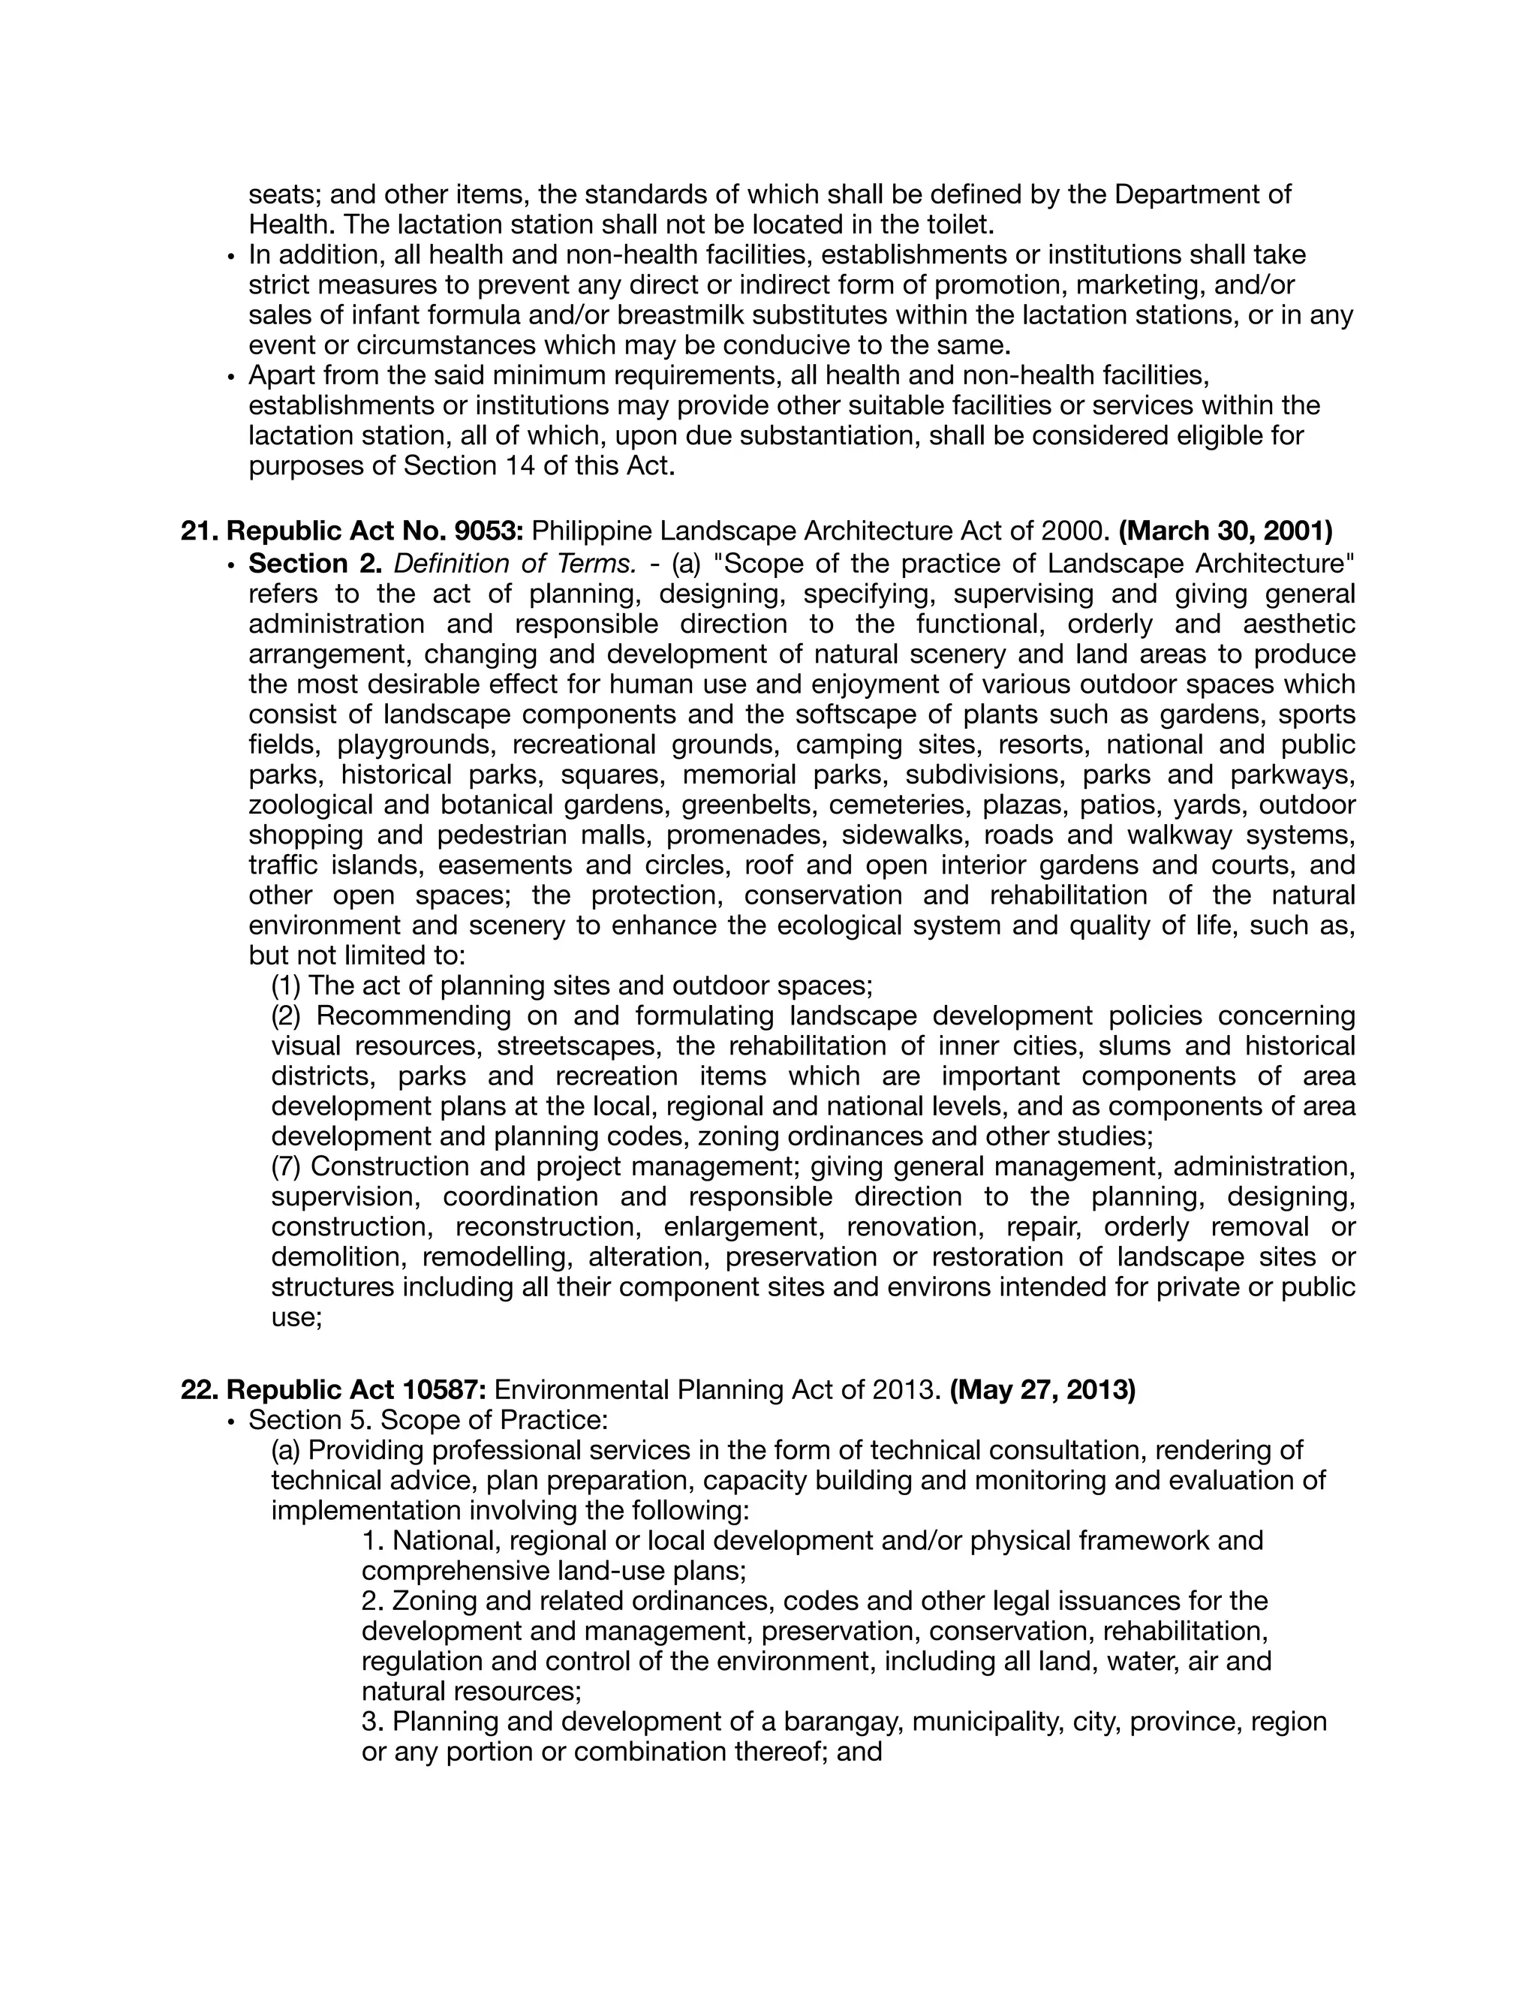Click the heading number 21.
(197, 531)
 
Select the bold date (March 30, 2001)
(1225, 531)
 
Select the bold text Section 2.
(314, 564)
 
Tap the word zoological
(310, 805)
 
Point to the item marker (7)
(287, 1166)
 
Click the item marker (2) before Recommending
(287, 1016)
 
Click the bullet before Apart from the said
(231, 376)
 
